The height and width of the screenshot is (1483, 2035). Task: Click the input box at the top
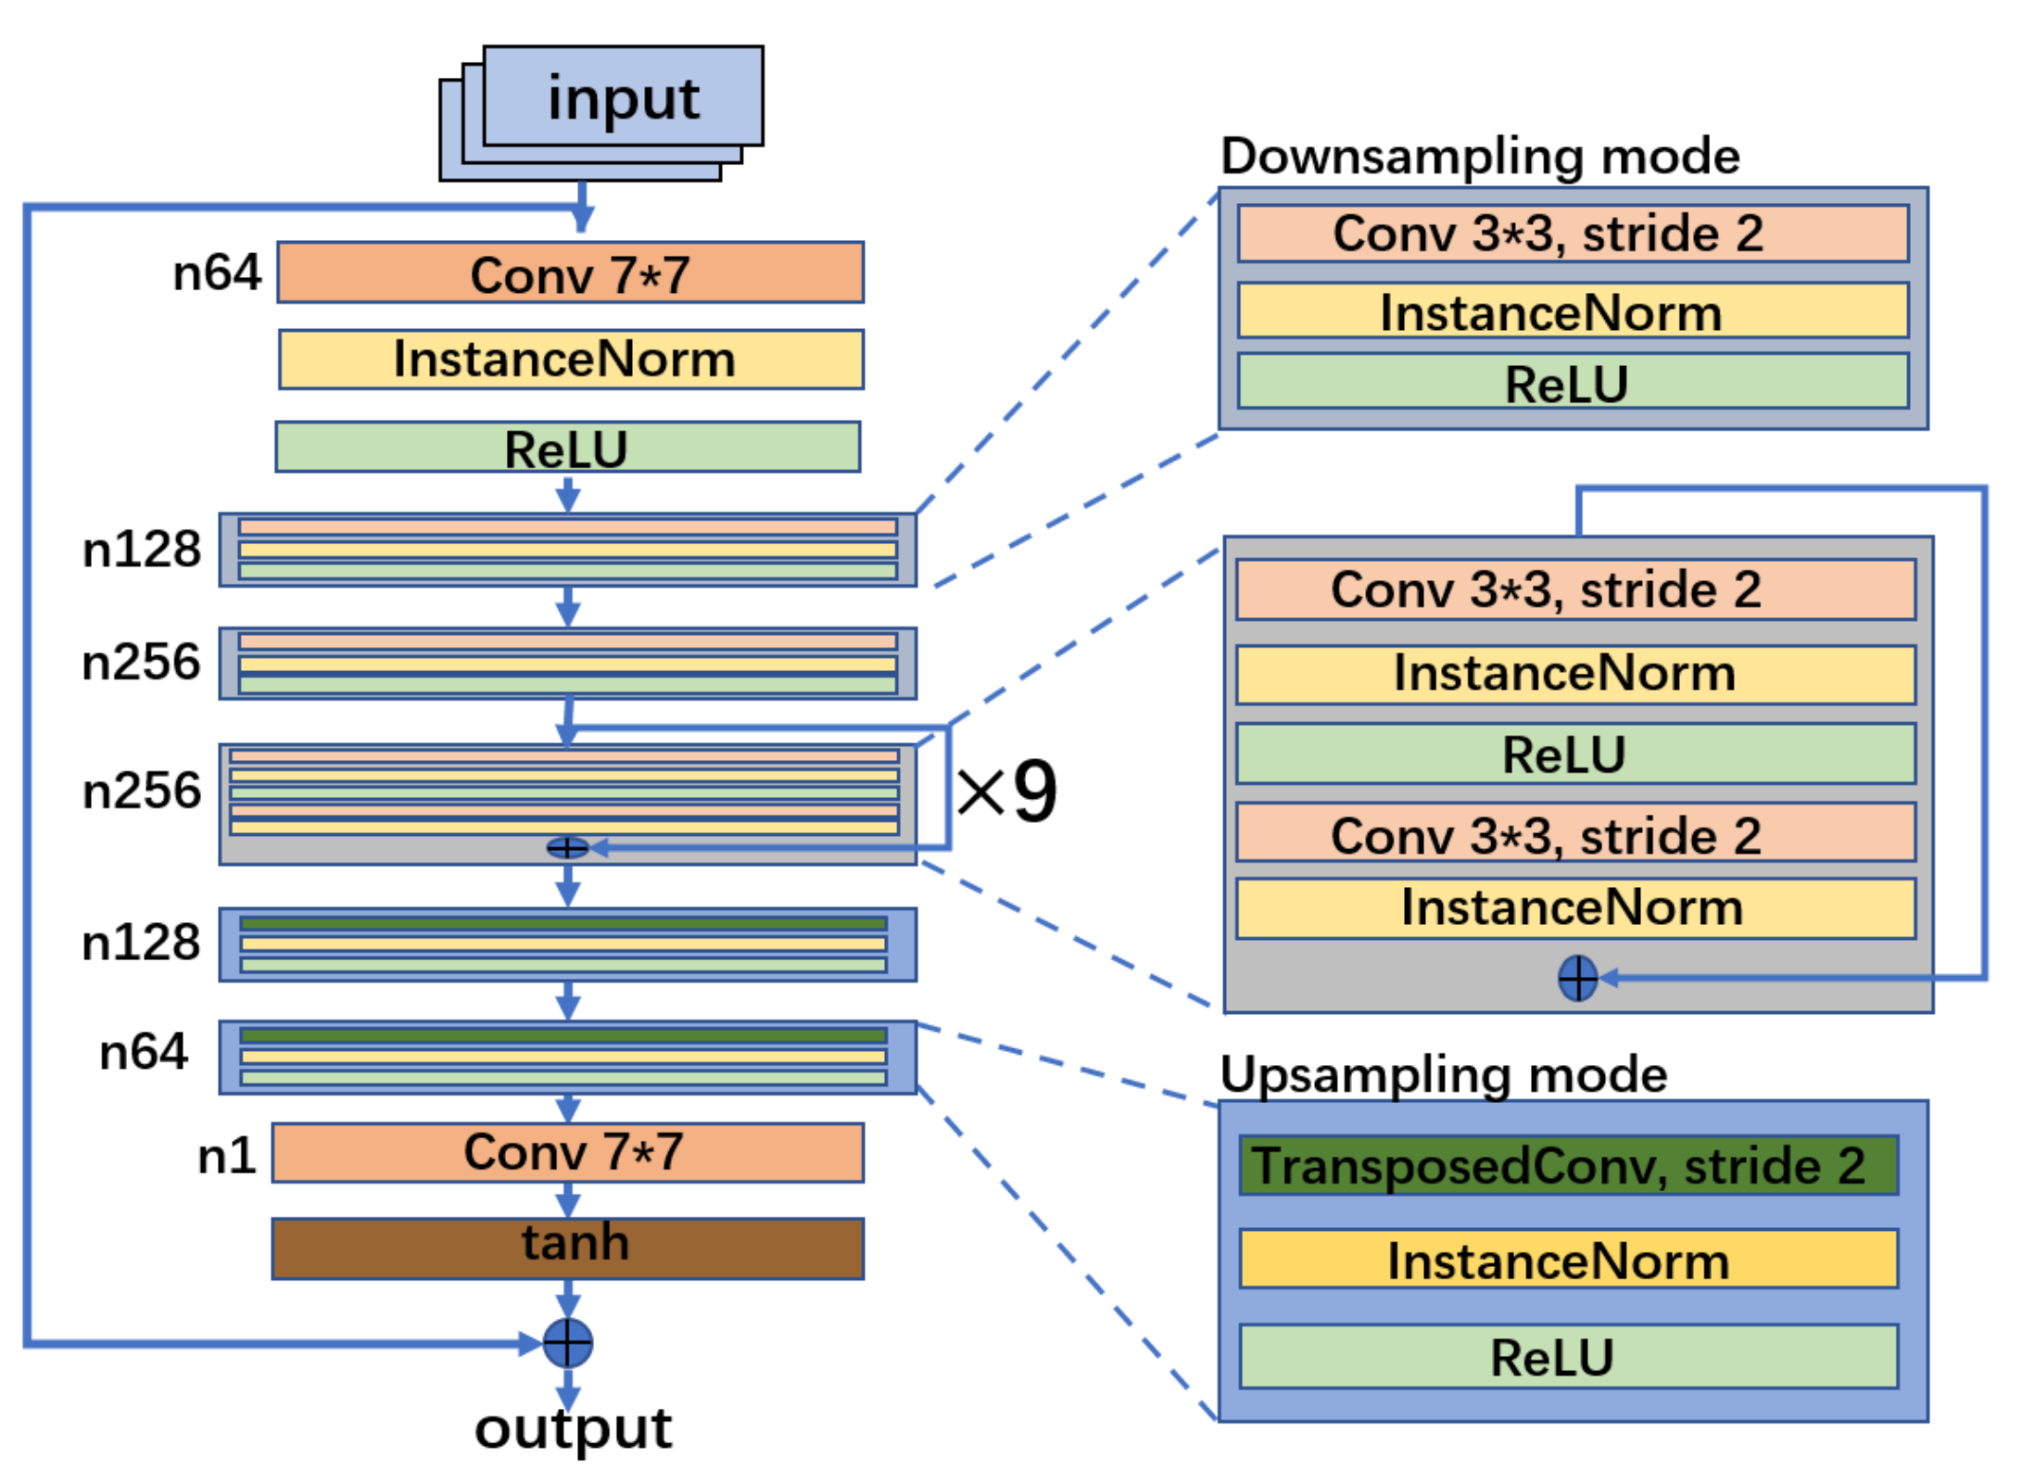pyautogui.click(x=623, y=97)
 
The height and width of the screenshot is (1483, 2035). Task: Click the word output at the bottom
pyautogui.click(x=573, y=1427)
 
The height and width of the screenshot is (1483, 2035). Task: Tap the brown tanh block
pyautogui.click(x=567, y=1248)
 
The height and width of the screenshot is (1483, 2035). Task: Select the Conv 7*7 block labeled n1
pyautogui.click(x=567, y=1152)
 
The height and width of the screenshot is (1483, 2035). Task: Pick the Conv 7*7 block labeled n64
pyautogui.click(x=570, y=273)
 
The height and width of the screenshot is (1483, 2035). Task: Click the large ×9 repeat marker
pyautogui.click(x=1006, y=791)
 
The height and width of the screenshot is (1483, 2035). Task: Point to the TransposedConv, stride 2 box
pyautogui.click(x=1568, y=1165)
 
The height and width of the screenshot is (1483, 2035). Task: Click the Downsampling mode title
pyautogui.click(x=1479, y=156)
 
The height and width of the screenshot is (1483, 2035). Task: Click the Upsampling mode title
pyautogui.click(x=1443, y=1074)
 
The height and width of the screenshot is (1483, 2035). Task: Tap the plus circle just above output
pyautogui.click(x=567, y=1342)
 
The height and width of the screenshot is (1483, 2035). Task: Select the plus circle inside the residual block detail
pyautogui.click(x=1577, y=978)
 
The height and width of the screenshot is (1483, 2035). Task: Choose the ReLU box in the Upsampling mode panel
pyautogui.click(x=1568, y=1356)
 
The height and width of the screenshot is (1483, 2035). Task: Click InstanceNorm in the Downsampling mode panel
pyautogui.click(x=1572, y=311)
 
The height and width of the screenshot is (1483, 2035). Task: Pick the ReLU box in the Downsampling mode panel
pyautogui.click(x=1572, y=382)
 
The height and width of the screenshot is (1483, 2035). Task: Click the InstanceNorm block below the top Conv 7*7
pyautogui.click(x=570, y=359)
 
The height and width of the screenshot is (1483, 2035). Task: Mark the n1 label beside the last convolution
pyautogui.click(x=226, y=1156)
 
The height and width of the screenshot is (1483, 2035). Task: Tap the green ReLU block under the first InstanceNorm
pyautogui.click(x=567, y=447)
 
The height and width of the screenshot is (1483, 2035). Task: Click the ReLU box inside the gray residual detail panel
pyautogui.click(x=1575, y=754)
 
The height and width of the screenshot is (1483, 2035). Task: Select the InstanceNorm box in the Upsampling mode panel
pyautogui.click(x=1568, y=1260)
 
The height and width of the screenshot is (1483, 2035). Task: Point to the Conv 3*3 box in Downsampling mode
pyautogui.click(x=1572, y=234)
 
